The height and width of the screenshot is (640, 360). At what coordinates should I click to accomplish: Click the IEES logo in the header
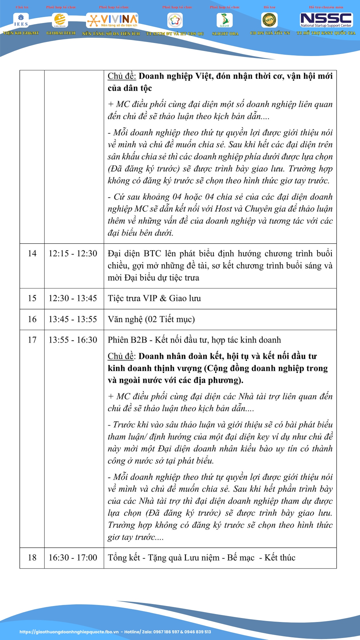coord(21,20)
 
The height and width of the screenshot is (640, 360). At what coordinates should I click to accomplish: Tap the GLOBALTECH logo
coord(60,20)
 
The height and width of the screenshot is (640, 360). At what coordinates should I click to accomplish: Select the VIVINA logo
coord(112,20)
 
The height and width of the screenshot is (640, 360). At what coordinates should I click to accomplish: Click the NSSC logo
coord(326,20)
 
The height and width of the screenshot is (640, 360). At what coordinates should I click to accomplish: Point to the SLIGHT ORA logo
coord(225,20)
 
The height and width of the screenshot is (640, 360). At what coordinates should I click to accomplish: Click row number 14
coord(32,253)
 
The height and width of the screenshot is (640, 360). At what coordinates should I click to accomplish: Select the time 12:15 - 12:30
coord(73,253)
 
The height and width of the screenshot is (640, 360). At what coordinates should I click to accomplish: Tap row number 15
coord(32,298)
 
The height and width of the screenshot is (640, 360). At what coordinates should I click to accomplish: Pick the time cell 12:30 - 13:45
coord(73,298)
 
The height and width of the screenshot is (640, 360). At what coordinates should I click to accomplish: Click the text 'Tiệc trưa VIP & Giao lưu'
coord(154,298)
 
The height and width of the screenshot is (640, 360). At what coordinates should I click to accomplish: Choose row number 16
coord(32,319)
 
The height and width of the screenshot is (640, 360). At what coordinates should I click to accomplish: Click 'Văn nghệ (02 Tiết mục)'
coord(151,319)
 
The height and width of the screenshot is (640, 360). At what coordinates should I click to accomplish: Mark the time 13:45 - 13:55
coord(73,319)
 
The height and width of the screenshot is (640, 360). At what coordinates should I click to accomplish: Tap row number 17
coord(32,340)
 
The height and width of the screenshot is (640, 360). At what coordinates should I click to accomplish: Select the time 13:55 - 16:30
coord(73,340)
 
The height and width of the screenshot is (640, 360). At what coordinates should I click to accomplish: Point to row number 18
coord(32,557)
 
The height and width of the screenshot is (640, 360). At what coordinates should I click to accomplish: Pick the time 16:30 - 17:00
coord(73,557)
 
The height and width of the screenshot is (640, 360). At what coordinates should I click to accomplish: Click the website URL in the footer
coord(69,632)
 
